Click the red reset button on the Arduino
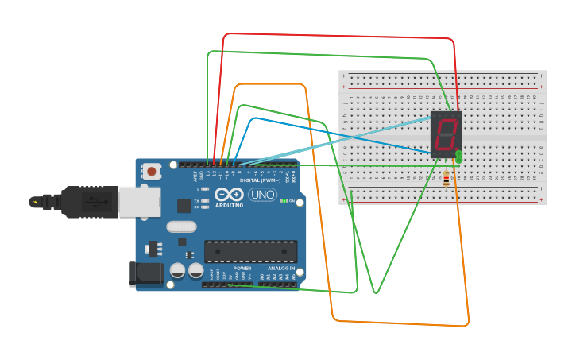pyautogui.click(x=151, y=171)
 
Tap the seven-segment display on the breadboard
pyautogui.click(x=446, y=133)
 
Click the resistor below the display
pyautogui.click(x=446, y=179)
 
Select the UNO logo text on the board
pyautogui.click(x=263, y=195)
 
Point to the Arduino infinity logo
pyautogui.click(x=228, y=194)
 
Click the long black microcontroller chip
pyautogui.click(x=251, y=251)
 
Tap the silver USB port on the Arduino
pyautogui.click(x=139, y=202)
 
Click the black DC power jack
pyautogui.click(x=146, y=273)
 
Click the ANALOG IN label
pyautogui.click(x=281, y=269)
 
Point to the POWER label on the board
pyautogui.click(x=242, y=269)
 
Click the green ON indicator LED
pyautogui.click(x=284, y=201)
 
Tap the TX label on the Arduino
pyautogui.click(x=197, y=200)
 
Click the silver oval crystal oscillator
pyautogui.click(x=181, y=226)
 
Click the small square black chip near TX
pyautogui.click(x=184, y=206)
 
